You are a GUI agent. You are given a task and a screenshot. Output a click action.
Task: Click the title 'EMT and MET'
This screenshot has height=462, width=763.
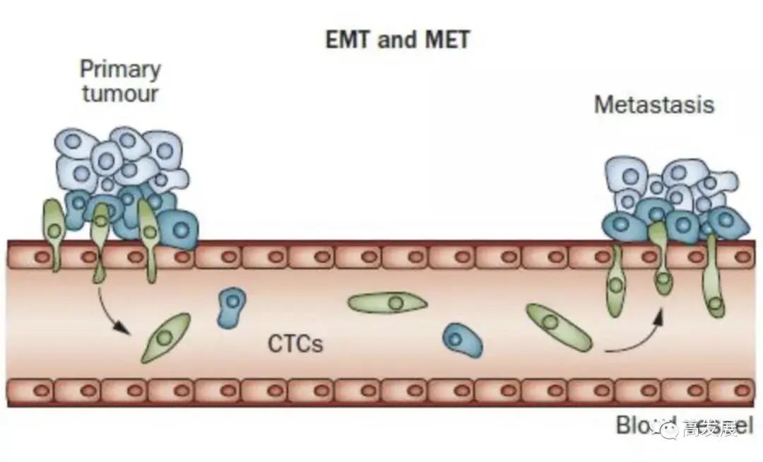click(x=398, y=40)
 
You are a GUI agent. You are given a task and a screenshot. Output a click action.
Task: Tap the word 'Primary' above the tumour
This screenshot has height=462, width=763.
click(x=120, y=69)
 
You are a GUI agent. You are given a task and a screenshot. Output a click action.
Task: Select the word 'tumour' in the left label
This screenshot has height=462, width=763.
click(x=120, y=93)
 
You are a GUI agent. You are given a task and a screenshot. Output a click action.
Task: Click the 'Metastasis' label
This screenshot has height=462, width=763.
click(x=654, y=105)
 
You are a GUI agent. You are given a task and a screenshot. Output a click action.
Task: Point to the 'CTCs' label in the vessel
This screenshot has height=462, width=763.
click(x=295, y=344)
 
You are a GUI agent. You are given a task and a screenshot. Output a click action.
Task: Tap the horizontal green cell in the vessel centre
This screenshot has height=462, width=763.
click(x=388, y=303)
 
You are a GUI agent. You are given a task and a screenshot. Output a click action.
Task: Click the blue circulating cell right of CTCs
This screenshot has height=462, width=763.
click(x=463, y=340)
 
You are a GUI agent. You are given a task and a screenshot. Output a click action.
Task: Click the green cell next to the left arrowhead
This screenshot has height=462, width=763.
click(x=165, y=337)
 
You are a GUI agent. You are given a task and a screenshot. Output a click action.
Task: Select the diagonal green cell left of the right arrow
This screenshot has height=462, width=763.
click(x=558, y=327)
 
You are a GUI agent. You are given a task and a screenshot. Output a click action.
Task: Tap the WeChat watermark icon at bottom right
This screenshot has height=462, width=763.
click(x=667, y=427)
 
